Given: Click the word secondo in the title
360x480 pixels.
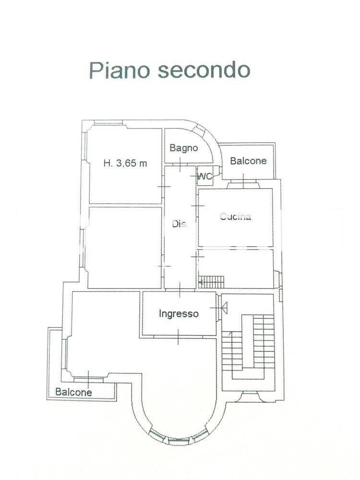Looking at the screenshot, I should pos(203,70).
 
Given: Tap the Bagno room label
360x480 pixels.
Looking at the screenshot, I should pos(183,148).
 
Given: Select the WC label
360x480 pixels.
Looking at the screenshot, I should pos(205,176).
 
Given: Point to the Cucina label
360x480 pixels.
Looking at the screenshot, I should pos(235,216).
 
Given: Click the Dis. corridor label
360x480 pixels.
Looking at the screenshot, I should pos(180,223).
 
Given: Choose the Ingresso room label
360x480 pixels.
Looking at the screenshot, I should pos(179,314).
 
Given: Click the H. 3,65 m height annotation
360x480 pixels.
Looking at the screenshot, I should pos(125,163).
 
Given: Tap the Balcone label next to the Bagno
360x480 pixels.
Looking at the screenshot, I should pos(248,161).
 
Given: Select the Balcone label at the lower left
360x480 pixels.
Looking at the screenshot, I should pos(73,392).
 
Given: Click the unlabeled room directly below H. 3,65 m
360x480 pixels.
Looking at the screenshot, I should pos(124,247).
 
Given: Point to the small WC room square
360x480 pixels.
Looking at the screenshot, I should pos(205,176).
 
